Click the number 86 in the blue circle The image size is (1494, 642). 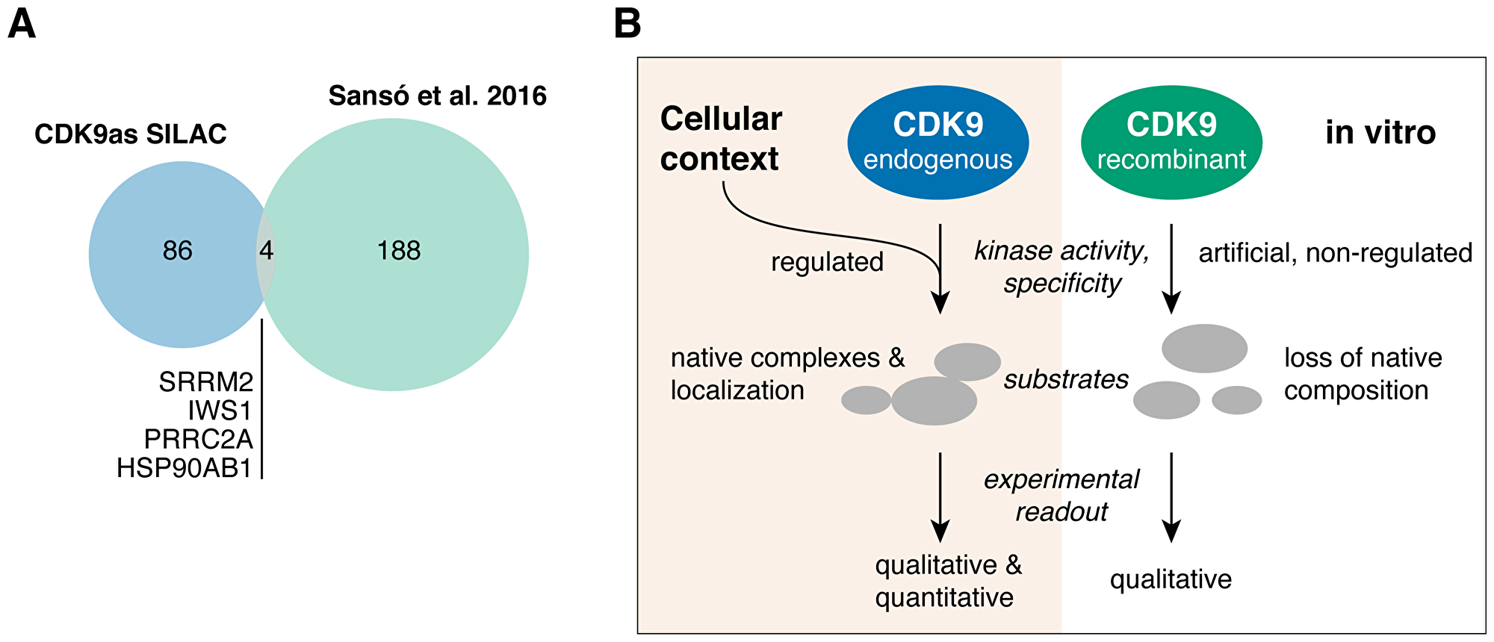point(178,251)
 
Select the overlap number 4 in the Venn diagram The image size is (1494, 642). point(266,251)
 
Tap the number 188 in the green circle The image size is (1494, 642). point(398,251)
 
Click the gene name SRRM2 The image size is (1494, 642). point(206,382)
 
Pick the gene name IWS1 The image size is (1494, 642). point(220,411)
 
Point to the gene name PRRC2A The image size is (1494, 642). point(199,440)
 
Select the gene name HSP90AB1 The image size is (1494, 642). point(185,468)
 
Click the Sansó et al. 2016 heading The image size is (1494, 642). point(438,96)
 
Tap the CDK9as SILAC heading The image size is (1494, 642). point(131,134)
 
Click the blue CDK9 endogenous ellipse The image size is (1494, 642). point(937,142)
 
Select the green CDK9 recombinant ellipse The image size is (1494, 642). point(1171,142)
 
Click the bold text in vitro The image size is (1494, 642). point(1380,133)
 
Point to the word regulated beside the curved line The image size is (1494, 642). point(827,262)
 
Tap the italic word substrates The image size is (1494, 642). point(1066,379)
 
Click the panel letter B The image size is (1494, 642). point(627,24)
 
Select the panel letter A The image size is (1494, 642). point(21,24)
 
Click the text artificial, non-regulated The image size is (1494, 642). point(1335,253)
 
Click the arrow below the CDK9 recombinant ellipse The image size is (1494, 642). point(1171,269)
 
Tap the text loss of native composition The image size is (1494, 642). point(1363,374)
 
